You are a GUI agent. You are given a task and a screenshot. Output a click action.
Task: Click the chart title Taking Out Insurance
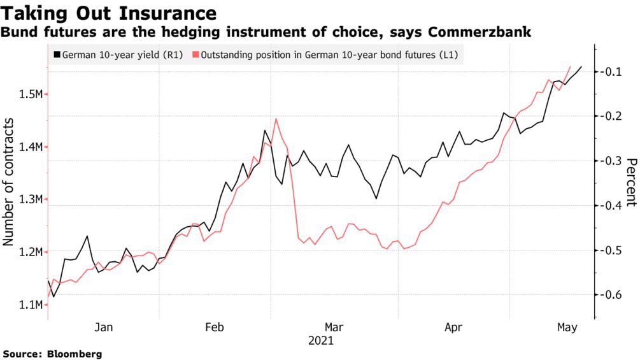click(109, 13)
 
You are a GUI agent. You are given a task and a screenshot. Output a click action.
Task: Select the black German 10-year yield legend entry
click(115, 55)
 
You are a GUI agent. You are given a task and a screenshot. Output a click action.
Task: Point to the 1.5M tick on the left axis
click(30, 94)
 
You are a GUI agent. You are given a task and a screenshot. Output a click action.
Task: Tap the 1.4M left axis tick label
click(30, 147)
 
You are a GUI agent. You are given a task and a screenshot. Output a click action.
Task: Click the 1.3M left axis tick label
click(30, 199)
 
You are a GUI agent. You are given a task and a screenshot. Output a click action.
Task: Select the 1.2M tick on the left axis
click(30, 252)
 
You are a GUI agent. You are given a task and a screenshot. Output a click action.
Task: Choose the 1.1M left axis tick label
click(30, 305)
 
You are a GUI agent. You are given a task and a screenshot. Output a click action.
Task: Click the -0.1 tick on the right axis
click(611, 71)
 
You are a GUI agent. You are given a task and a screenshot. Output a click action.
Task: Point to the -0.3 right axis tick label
click(611, 161)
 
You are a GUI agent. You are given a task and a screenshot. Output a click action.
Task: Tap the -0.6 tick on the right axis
click(611, 294)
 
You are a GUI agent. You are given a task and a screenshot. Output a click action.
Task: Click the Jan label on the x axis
click(104, 328)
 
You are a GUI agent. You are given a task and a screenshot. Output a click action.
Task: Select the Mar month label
click(334, 328)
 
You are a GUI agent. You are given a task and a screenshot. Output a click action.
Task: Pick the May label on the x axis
click(567, 328)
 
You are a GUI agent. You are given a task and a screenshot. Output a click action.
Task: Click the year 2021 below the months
click(321, 342)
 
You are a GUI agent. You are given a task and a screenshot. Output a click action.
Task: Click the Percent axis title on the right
click(630, 182)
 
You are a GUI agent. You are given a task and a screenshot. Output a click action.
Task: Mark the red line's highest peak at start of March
click(276, 119)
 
